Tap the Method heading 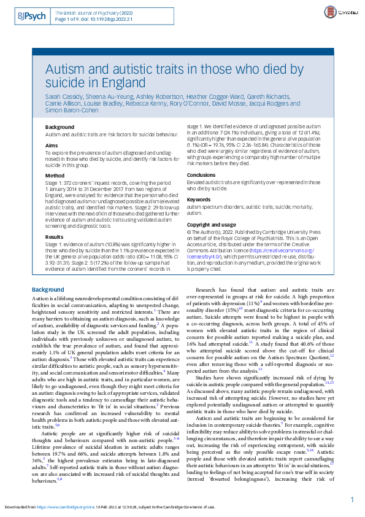click(55, 175)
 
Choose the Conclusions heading click(201, 175)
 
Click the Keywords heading click(199, 200)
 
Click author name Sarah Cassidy click(63, 97)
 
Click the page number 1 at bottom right click(352, 483)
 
